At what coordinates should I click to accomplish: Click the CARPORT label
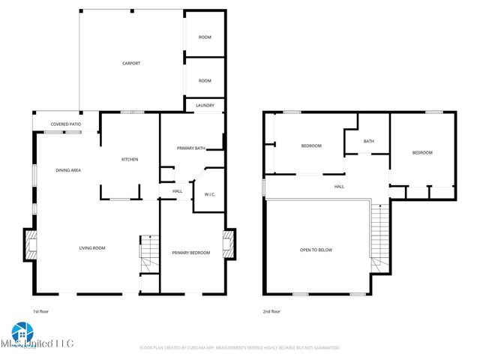131,63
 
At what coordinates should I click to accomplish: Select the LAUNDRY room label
205,106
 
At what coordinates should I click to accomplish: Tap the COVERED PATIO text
66,124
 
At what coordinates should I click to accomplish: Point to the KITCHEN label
130,159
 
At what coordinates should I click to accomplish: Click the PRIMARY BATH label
190,148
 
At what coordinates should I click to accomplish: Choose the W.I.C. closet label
210,194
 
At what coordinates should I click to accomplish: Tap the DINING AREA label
68,170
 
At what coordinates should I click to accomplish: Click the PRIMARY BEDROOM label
191,253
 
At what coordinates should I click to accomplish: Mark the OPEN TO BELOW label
316,250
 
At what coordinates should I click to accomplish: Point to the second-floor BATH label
368,141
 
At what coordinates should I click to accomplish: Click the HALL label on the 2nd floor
339,186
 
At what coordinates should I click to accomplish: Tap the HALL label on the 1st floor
177,191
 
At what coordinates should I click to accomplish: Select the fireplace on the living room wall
31,244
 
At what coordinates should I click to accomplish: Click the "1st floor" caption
41,310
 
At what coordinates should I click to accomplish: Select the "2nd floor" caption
272,310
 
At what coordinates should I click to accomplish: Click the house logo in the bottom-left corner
20,332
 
